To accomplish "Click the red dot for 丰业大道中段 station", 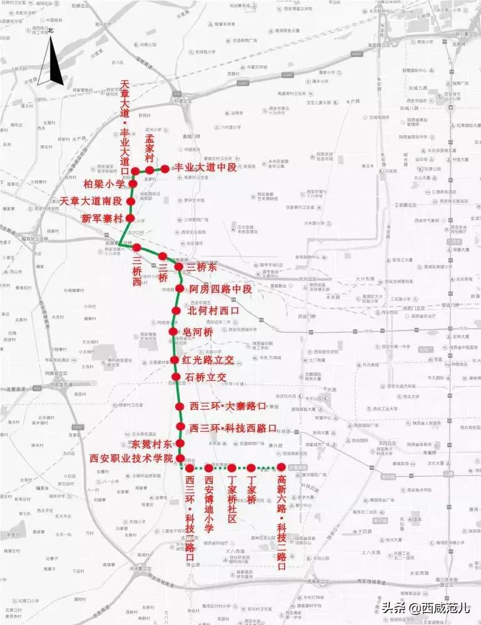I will coord(165,169).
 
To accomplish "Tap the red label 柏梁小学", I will coord(104,185).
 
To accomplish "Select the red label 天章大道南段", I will coord(91,201).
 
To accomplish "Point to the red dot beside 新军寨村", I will coord(131,218).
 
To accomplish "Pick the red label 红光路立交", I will coord(208,360).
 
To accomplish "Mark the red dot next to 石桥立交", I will coord(176,377).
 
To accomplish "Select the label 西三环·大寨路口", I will coord(228,407).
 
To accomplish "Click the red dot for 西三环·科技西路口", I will coord(180,429).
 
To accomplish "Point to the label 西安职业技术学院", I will coord(131,459).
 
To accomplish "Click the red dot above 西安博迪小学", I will coord(210,468).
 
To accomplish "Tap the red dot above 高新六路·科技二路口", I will coord(281,467).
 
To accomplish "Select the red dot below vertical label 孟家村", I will coord(150,170).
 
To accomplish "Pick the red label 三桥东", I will coord(201,267).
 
